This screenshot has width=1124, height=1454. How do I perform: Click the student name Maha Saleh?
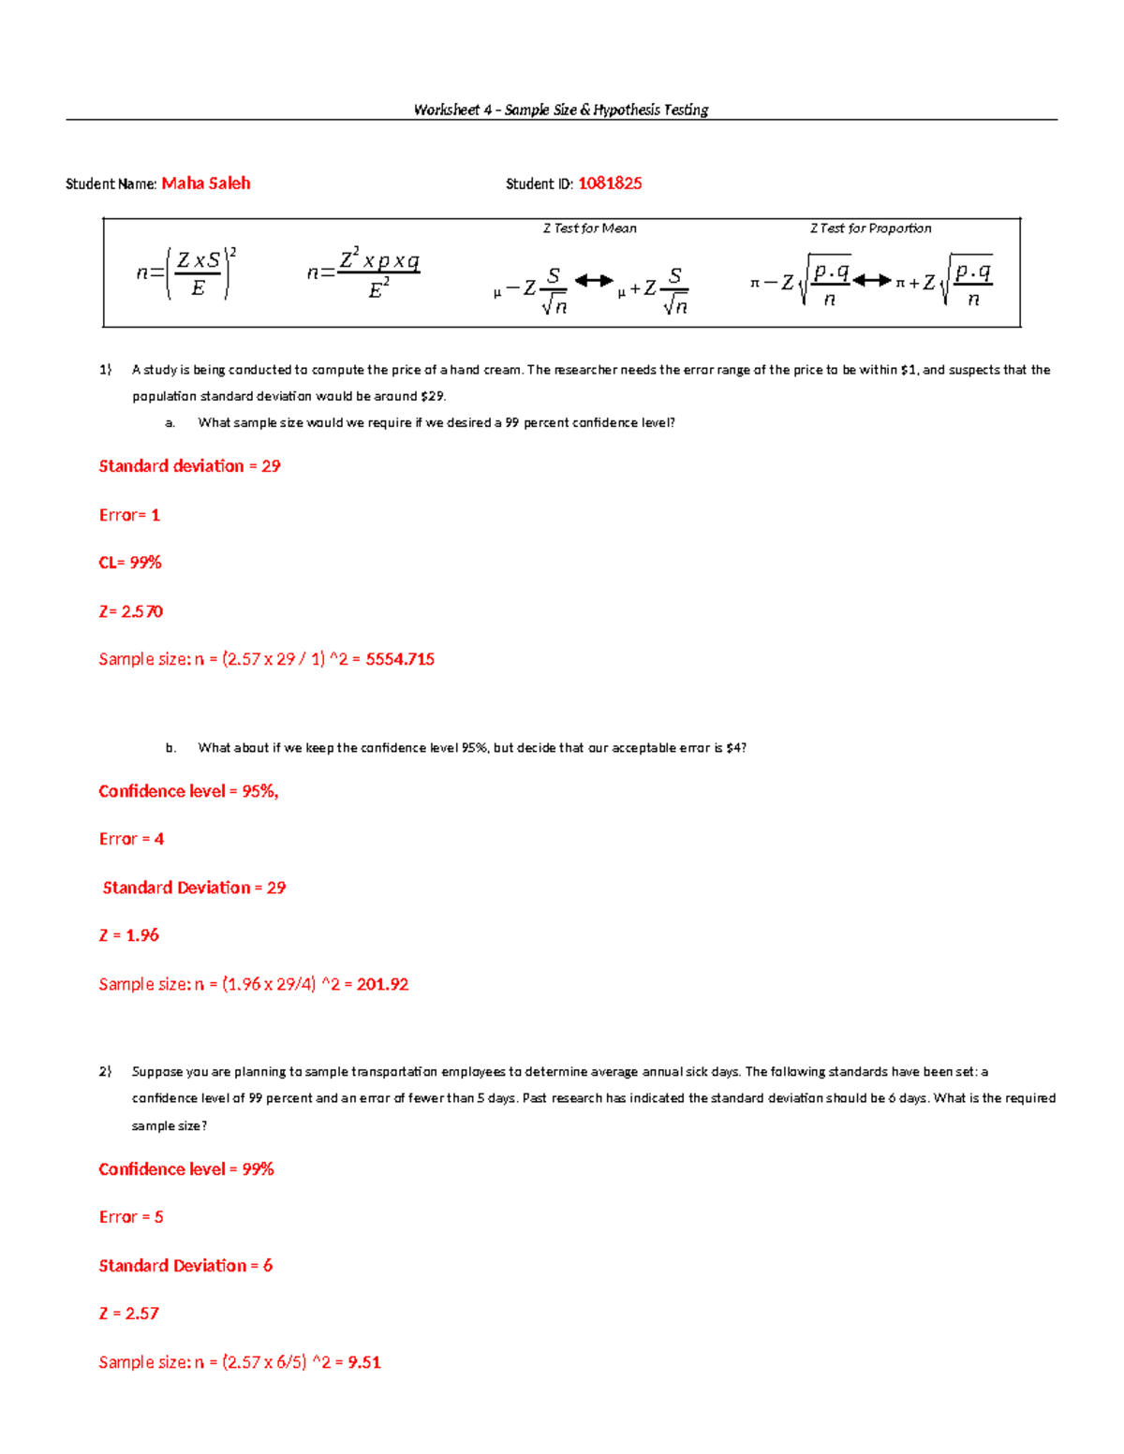pos(205,184)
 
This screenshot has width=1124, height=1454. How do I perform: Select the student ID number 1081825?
pos(610,184)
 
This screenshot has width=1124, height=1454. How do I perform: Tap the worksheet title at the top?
pos(561,110)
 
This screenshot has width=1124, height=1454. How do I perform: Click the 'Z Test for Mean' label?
pos(589,228)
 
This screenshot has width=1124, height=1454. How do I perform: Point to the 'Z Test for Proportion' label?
pos(870,228)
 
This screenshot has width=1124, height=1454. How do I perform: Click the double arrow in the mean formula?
pos(593,280)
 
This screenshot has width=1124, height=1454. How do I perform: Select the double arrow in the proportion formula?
pos(871,280)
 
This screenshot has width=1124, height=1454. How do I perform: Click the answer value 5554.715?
pos(400,659)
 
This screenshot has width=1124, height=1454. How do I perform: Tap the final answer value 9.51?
pos(364,1362)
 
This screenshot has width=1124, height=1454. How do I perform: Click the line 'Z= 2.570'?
pos(131,611)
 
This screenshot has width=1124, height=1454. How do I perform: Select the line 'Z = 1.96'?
pos(129,935)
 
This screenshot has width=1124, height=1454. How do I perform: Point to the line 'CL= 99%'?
pos(130,563)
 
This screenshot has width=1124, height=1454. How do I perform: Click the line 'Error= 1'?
pos(129,515)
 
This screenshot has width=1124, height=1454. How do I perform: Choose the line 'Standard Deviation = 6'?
pos(185,1266)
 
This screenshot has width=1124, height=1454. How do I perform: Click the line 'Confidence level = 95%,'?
pos(188,791)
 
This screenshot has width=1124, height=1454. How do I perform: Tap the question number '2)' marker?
pos(106,1071)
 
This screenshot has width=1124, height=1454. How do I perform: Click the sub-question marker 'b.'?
pos(170,748)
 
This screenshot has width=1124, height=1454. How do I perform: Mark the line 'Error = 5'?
pos(131,1217)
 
